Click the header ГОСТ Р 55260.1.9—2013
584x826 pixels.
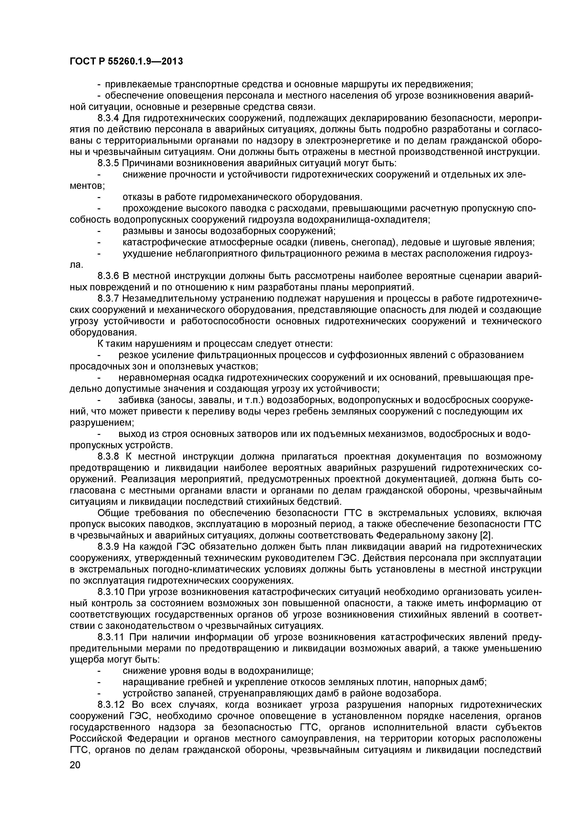click(126, 61)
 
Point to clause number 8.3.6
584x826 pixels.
click(108, 276)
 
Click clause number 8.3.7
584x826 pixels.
click(108, 299)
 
